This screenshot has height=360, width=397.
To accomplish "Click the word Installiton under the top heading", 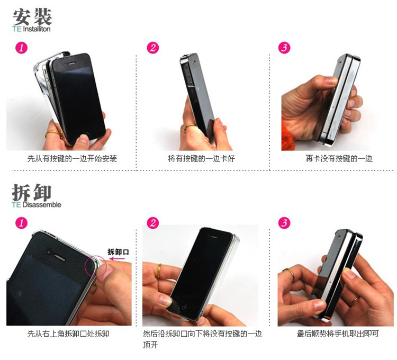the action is click(x=37, y=29).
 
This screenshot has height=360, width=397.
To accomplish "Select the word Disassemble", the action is click(x=42, y=204).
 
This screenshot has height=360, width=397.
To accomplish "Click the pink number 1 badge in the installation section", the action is click(x=22, y=48).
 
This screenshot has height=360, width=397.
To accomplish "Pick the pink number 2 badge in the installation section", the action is click(x=153, y=48).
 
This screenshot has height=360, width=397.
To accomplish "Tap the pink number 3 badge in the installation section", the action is click(x=284, y=48).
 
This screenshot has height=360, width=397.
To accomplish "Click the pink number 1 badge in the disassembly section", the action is click(x=22, y=223).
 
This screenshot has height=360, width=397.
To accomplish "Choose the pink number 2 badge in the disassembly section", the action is click(x=153, y=223).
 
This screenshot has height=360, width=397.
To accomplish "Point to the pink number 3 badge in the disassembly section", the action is click(x=284, y=223).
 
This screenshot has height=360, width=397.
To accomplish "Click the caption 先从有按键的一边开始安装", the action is click(x=72, y=159).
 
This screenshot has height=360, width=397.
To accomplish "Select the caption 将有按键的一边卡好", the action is click(x=202, y=159).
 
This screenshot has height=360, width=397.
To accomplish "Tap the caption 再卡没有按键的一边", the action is click(x=339, y=159).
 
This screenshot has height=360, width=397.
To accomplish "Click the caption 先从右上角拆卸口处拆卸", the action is click(x=68, y=334).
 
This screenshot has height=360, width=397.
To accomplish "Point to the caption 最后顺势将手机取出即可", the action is click(x=338, y=334).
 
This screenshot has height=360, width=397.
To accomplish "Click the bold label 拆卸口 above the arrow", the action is click(x=118, y=252).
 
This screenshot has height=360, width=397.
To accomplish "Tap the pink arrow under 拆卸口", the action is click(x=117, y=259).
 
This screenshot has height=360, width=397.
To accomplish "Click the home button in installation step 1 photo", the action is click(x=87, y=133).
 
